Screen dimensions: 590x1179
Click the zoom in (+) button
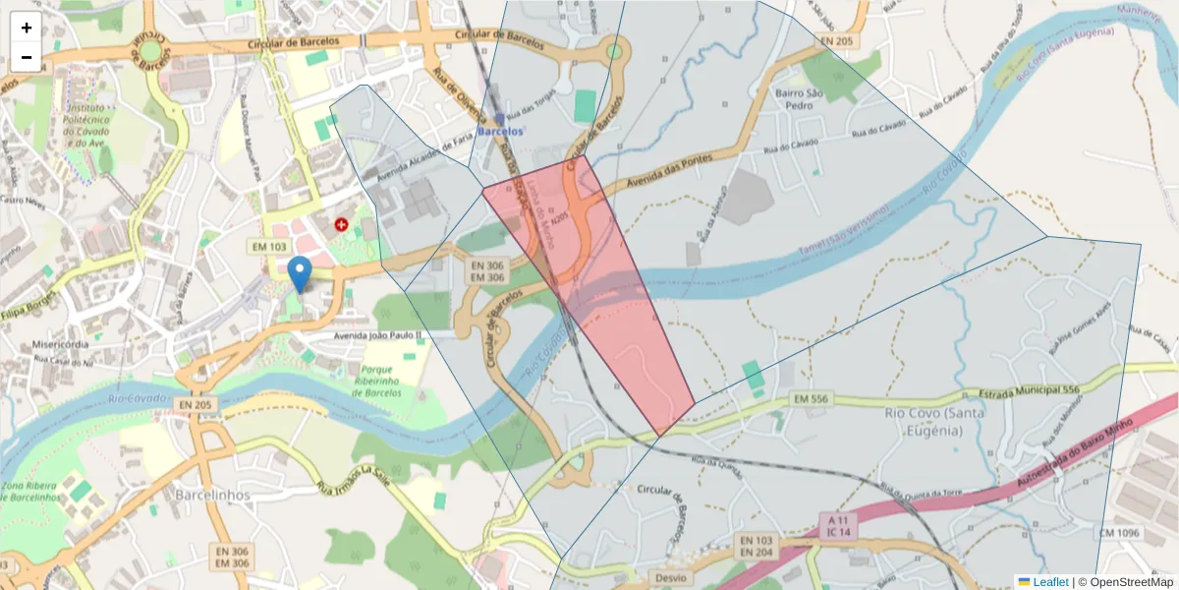coord(27,28)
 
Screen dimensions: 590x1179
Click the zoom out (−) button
coord(27,57)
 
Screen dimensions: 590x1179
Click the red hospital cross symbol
coord(342,224)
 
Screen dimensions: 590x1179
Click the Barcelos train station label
coord(500,129)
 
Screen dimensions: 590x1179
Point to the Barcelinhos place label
coord(211,494)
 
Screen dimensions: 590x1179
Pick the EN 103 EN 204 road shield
coord(757,548)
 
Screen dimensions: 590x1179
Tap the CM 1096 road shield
coord(1119,532)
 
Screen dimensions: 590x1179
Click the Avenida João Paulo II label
coord(377,335)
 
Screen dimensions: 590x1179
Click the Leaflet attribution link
coord(1049,582)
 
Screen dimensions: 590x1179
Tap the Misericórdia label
coord(61,345)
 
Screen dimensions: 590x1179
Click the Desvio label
coord(670,577)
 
